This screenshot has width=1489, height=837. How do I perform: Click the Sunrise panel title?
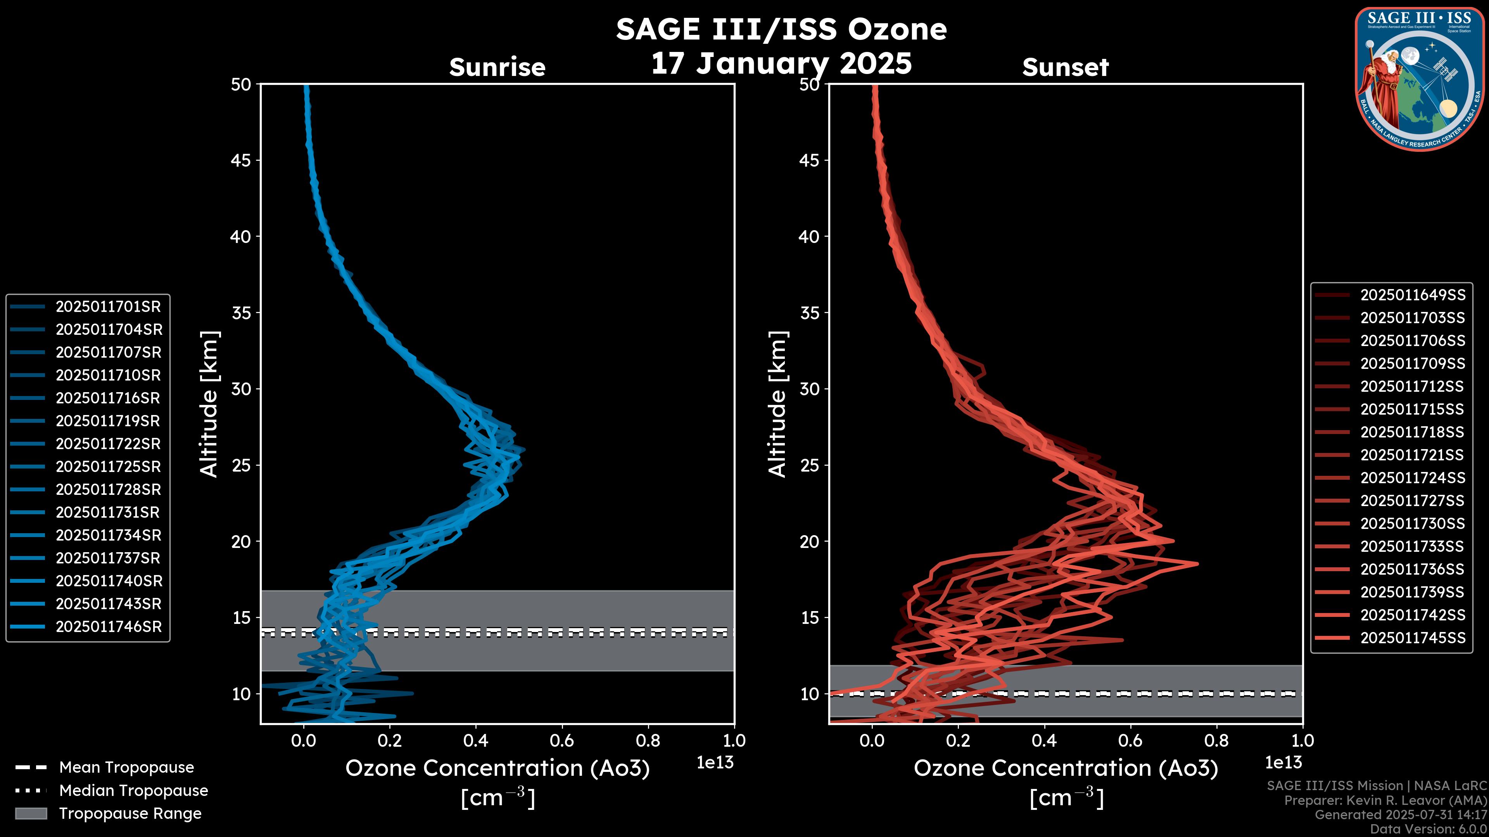497,67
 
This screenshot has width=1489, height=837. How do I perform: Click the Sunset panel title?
1065,67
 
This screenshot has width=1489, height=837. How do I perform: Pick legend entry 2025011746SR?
108,627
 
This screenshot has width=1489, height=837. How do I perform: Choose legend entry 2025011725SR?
108,467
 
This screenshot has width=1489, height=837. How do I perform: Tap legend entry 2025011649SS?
1413,295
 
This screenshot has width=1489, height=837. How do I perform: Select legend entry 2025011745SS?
1413,638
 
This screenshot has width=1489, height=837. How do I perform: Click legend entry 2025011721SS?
1413,455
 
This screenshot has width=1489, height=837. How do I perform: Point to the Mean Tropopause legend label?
126,767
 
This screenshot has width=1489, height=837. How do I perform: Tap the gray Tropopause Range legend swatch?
31,813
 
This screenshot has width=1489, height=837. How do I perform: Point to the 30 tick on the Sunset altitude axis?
810,389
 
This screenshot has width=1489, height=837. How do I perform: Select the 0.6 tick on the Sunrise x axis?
562,741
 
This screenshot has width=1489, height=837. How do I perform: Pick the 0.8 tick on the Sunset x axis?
1217,741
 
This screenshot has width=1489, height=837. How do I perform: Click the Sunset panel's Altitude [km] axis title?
777,404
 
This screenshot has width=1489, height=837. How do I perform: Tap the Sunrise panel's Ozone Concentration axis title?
497,768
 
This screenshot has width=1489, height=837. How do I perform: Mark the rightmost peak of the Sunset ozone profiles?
1197,564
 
